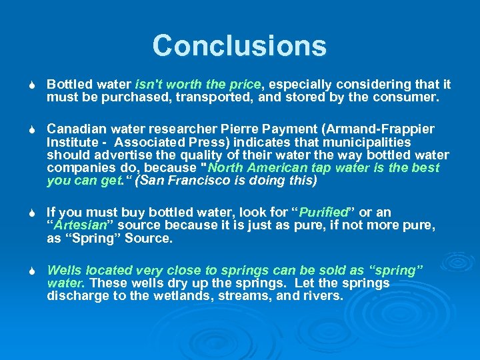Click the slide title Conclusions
(239, 46)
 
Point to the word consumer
(410, 97)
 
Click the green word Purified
(325, 213)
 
